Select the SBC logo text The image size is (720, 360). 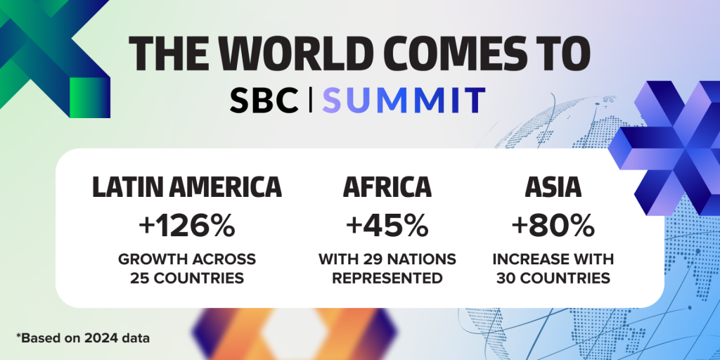[264, 101]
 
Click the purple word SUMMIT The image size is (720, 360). [404, 101]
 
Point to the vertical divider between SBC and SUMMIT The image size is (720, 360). [310, 101]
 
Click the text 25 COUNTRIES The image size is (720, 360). [187, 278]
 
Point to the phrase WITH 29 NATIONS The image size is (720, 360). [387, 259]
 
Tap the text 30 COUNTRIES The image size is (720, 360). [553, 278]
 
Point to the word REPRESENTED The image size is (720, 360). [387, 278]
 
